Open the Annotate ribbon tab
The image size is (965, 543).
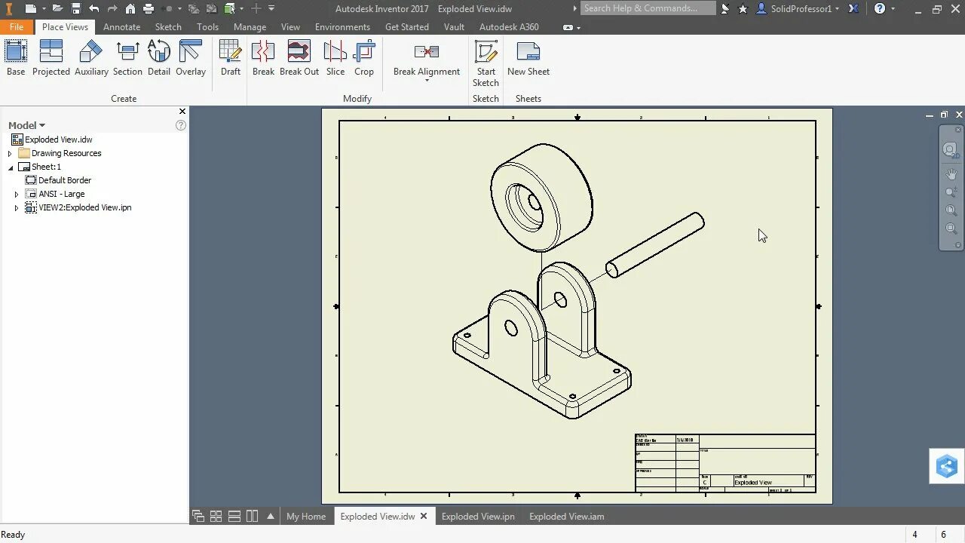121,26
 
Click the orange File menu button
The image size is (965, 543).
17,26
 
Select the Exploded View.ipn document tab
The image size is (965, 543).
478,517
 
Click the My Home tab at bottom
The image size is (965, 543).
306,517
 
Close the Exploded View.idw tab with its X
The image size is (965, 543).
424,517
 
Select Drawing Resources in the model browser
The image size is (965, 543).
66,153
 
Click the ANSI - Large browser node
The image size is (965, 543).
62,194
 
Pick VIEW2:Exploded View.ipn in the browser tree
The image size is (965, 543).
84,207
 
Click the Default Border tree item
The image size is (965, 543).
65,180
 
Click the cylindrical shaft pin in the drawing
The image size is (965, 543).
655,244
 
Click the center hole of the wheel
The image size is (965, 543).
534,202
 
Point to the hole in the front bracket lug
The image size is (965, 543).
511,328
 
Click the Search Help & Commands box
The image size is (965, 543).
647,8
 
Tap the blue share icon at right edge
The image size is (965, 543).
947,466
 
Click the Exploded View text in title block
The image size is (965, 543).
753,483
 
